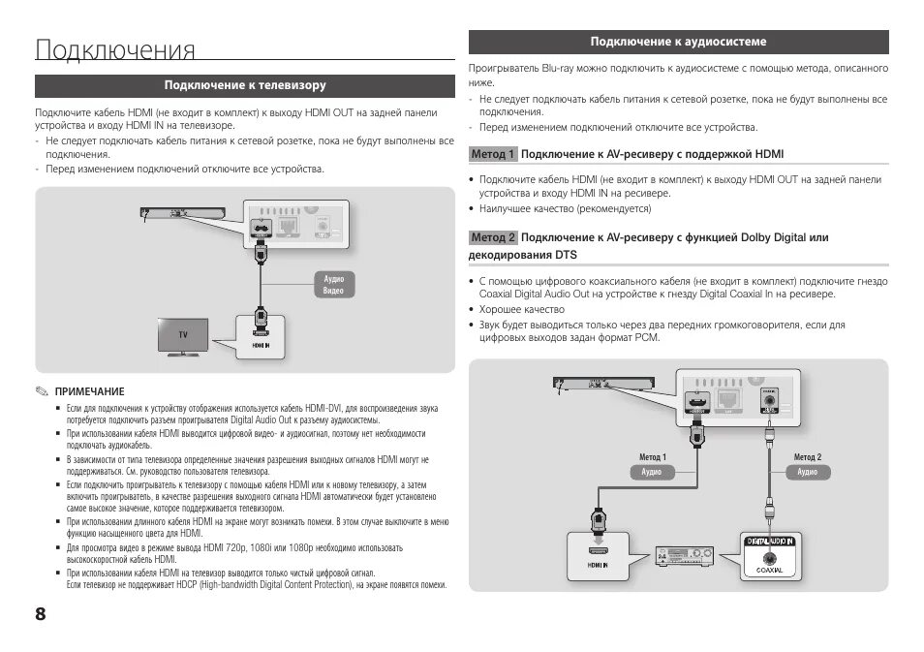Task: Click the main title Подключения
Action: (115, 50)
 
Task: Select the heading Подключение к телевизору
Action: (244, 86)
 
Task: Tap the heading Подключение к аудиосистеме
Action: (678, 42)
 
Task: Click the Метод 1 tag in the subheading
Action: (493, 154)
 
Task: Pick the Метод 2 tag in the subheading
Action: (493, 237)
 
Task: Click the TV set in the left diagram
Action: (183, 336)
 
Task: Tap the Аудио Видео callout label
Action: (333, 285)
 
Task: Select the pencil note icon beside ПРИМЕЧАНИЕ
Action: (42, 391)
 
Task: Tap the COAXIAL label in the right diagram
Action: (769, 572)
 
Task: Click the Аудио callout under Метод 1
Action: (652, 472)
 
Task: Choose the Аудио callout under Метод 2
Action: (808, 472)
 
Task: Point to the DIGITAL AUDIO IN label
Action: (770, 541)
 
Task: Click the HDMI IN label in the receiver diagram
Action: (598, 564)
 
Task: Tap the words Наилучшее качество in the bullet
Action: (527, 208)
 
